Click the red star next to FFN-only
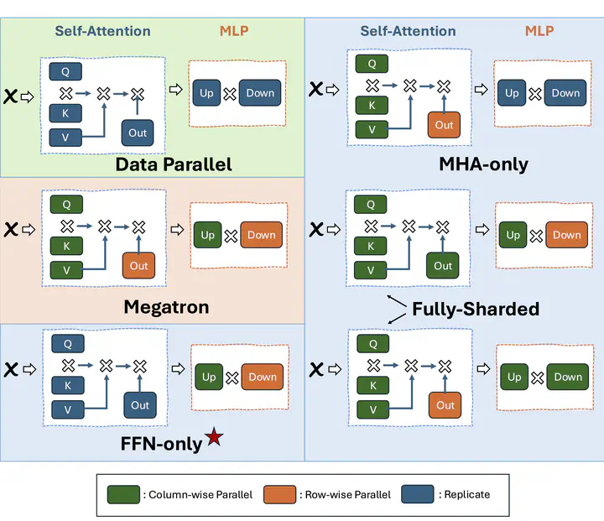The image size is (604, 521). coord(215,437)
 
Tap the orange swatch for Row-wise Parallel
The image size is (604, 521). coord(279,494)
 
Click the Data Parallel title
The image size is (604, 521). coord(174,164)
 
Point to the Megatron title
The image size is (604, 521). coord(166,307)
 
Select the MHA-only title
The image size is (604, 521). coord(484,164)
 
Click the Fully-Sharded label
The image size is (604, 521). coord(475,309)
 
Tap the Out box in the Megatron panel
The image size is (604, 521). coord(138,266)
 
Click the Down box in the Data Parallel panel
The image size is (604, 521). coord(260,93)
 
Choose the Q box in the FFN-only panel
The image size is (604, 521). coord(68,344)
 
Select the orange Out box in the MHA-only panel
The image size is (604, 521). coord(444,125)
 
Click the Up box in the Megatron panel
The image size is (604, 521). coord(208,235)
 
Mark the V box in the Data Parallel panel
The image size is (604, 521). coord(66,136)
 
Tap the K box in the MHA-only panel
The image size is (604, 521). coord(372,105)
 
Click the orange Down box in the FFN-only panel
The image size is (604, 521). coord(263,378)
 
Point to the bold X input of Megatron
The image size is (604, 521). coord(11,229)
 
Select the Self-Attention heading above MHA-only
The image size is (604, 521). coord(408,32)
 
